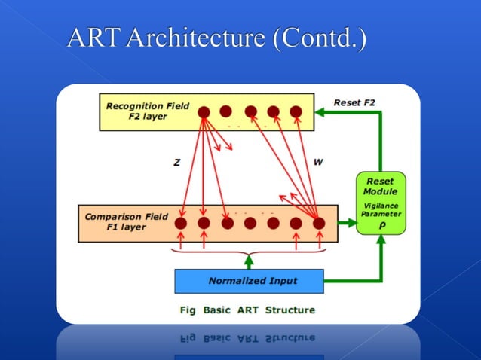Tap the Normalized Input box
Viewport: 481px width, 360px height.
[x=249, y=281]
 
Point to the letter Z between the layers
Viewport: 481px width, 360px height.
[x=176, y=163]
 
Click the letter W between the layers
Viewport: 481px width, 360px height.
[x=318, y=163]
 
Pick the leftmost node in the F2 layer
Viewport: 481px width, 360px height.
[x=204, y=111]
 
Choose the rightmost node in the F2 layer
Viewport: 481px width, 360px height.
[x=296, y=111]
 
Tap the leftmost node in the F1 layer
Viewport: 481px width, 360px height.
[x=181, y=223]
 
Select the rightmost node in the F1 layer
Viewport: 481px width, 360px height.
[x=318, y=223]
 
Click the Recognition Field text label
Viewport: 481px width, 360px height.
[x=148, y=106]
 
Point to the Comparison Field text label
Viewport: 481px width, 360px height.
[x=126, y=217]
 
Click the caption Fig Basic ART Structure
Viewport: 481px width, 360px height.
[x=247, y=310]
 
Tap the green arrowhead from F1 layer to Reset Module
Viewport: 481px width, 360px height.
[x=351, y=223]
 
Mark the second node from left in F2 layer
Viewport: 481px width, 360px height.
[x=225, y=111]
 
